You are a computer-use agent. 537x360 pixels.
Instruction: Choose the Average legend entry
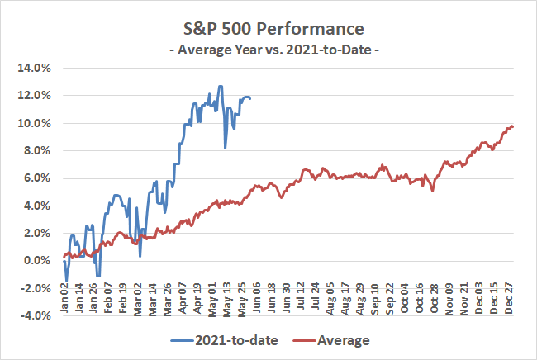point(330,339)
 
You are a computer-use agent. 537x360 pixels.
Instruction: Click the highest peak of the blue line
point(220,86)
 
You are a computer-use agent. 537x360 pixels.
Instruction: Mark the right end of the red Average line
point(513,127)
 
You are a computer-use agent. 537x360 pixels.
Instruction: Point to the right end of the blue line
point(250,98)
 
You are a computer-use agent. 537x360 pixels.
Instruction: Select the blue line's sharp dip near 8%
point(226,149)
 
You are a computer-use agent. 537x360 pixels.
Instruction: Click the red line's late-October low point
point(432,192)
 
